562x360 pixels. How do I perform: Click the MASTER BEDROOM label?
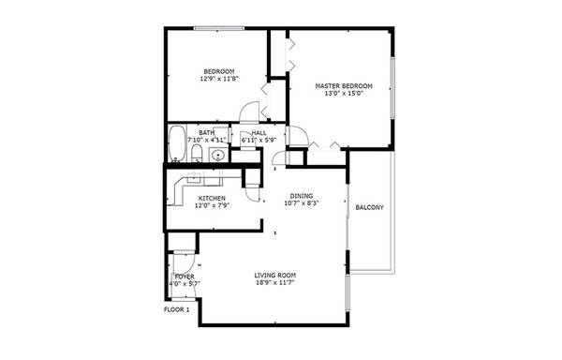344,86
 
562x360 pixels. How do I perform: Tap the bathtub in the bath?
177,143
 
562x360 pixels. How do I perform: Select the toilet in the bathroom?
197,153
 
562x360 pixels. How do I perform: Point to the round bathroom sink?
217,156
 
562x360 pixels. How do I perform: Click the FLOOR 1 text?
176,309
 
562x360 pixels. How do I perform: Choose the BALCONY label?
370,207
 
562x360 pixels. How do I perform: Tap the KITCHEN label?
213,199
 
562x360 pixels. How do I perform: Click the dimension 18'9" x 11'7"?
274,283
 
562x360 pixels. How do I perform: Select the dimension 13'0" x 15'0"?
344,94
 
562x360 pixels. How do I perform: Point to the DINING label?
302,196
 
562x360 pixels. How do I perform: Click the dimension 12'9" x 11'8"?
219,79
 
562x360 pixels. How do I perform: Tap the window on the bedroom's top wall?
219,28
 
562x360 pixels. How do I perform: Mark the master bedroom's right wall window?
392,88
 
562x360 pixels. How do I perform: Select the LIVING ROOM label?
274,276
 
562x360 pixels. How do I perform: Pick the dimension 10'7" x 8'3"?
302,203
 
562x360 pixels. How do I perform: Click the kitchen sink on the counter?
194,178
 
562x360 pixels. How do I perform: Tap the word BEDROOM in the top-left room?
219,71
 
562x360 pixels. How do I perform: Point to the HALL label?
259,133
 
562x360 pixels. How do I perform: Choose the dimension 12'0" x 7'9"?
213,206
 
